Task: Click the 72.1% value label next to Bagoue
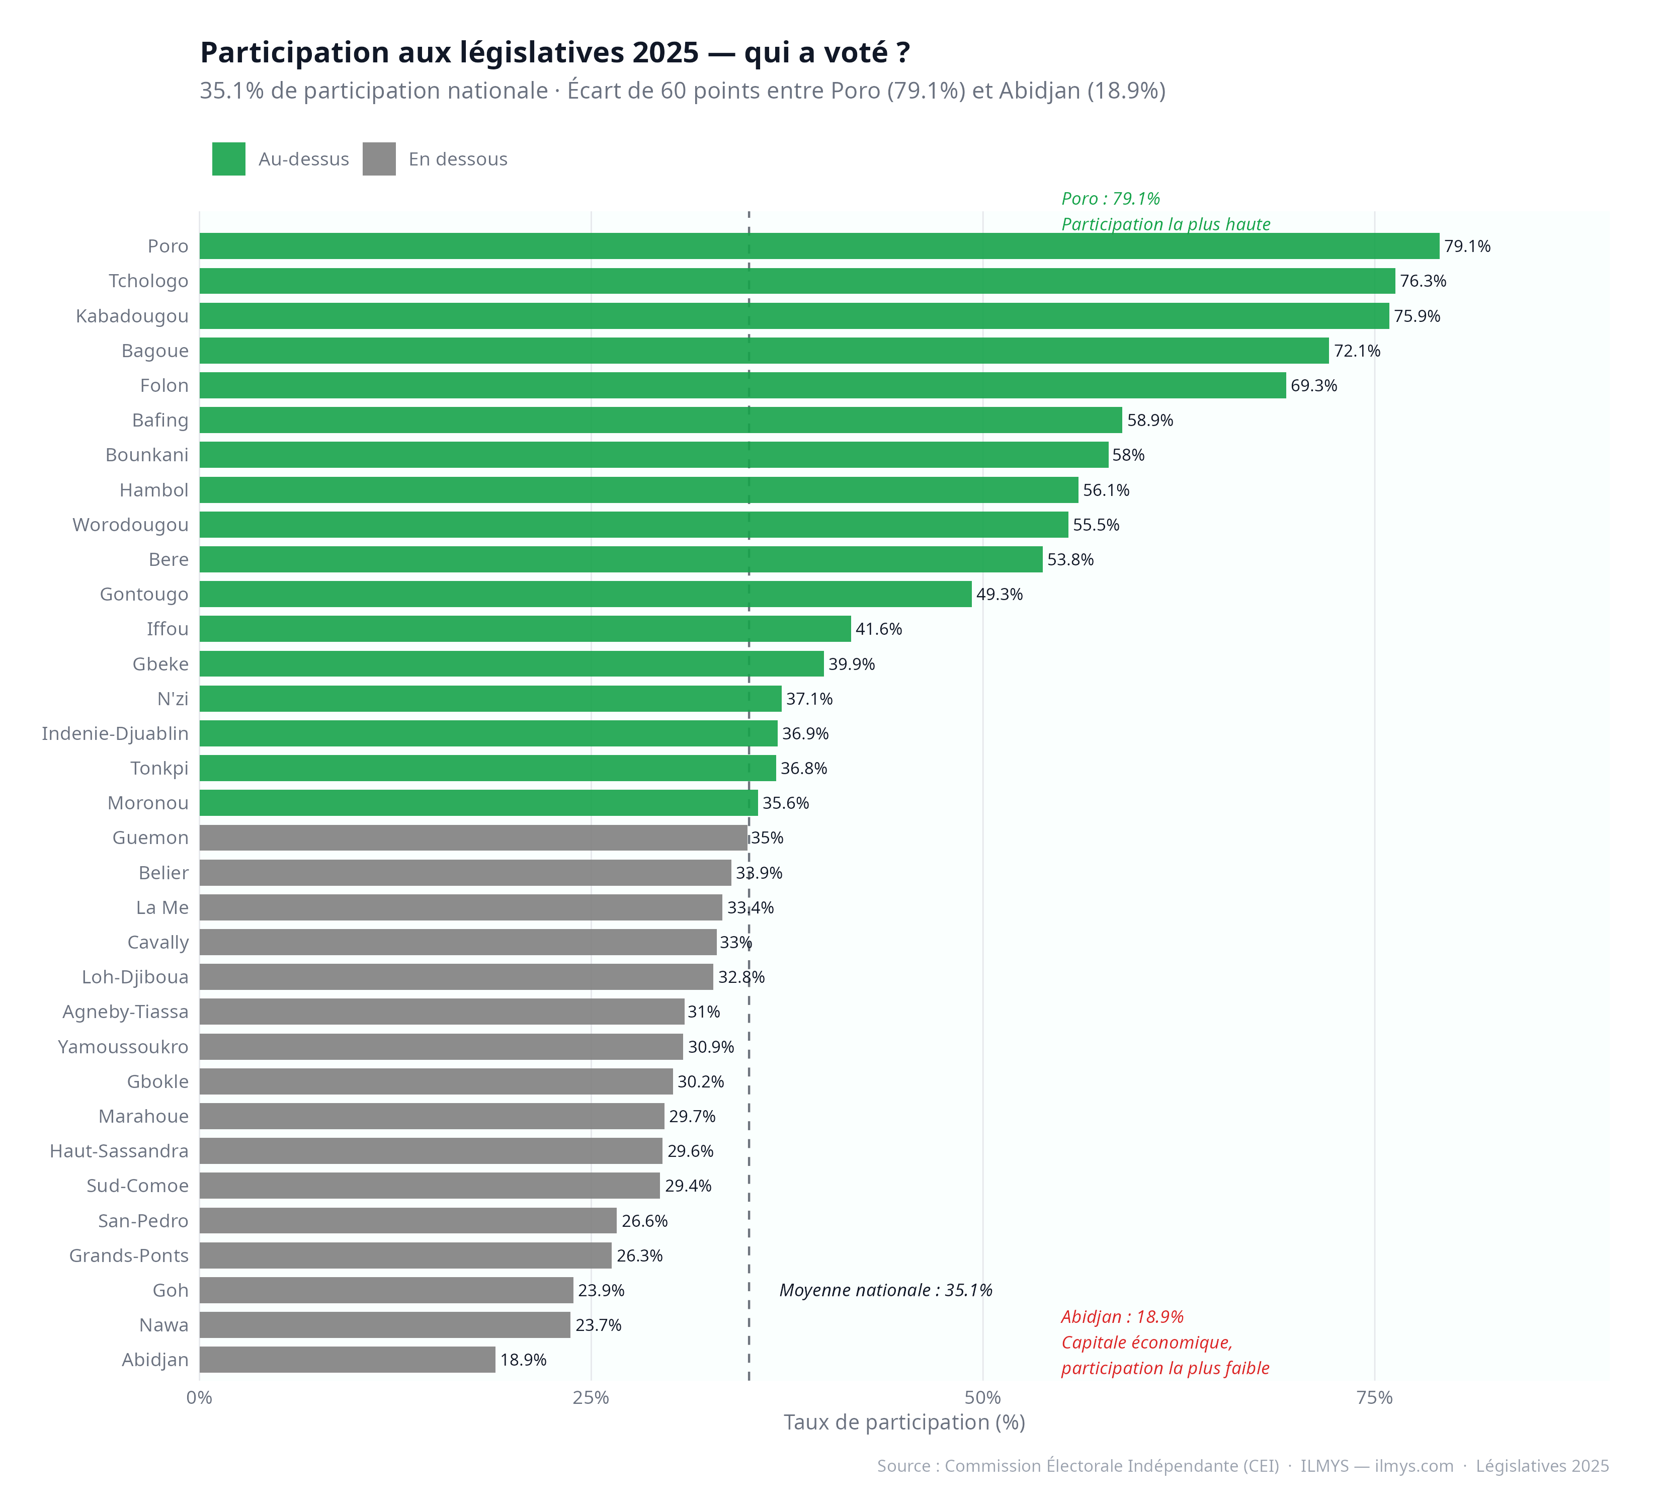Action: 1357,351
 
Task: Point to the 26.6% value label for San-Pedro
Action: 645,1221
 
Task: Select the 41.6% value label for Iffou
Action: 879,629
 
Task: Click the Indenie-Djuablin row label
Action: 115,733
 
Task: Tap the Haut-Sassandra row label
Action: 119,1151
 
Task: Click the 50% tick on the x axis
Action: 982,1398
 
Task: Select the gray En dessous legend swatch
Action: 379,159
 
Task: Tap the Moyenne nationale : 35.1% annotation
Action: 885,1290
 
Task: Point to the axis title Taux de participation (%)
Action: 903,1422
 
